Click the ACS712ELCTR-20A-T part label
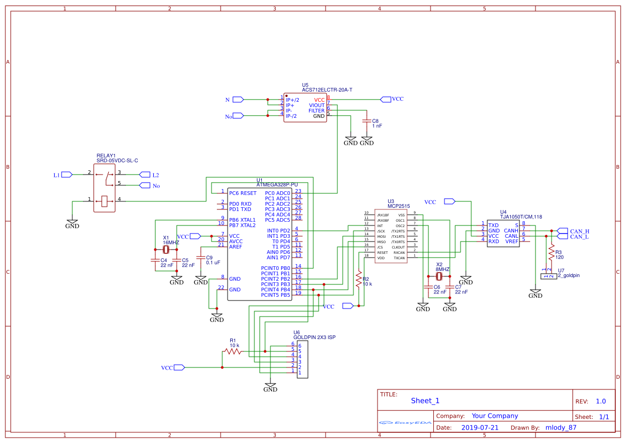[x=327, y=90]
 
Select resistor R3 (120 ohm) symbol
[x=551, y=252]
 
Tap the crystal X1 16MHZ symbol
[x=166, y=249]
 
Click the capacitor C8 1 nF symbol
[x=366, y=121]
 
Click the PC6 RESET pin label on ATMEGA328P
[x=243, y=193]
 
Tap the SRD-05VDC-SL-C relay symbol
[x=104, y=188]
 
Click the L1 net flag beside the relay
[x=67, y=175]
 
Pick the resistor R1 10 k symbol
[x=232, y=352]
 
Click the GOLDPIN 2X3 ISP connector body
[x=302, y=359]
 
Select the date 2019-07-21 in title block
[x=479, y=427]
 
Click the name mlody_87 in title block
[x=561, y=427]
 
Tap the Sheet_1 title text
[x=425, y=401]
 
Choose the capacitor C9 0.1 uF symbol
[x=201, y=257]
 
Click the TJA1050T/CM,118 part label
[x=521, y=217]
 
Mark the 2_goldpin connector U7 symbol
[x=548, y=276]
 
